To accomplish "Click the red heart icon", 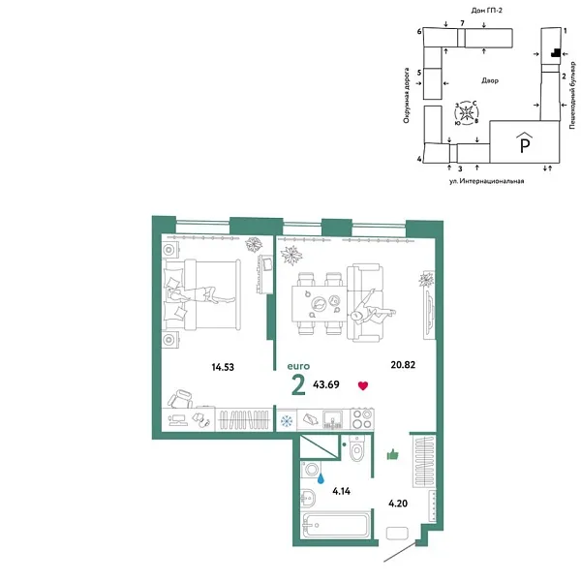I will [x=363, y=386].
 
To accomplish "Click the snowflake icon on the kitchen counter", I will [x=287, y=420].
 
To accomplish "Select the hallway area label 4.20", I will [x=398, y=504].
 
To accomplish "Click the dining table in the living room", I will [x=319, y=304].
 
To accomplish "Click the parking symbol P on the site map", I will [x=524, y=146].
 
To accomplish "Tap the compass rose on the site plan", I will [x=467, y=113].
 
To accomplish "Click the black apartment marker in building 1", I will [x=555, y=55].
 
